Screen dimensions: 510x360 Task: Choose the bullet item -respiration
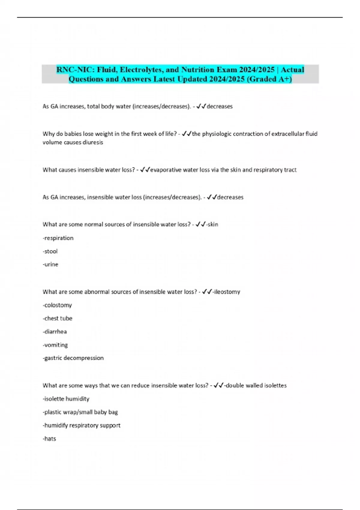point(58,238)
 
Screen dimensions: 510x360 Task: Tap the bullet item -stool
point(50,251)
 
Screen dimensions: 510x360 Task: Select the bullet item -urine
point(50,265)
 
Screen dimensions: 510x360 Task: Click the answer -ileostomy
point(226,292)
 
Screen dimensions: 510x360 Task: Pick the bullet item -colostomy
point(57,305)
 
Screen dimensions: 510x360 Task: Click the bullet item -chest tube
point(58,318)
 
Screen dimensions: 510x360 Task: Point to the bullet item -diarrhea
point(55,331)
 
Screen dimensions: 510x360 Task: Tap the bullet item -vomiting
point(55,345)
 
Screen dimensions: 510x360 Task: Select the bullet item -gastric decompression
point(73,358)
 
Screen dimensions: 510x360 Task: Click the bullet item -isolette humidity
point(66,399)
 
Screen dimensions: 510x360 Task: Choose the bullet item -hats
point(49,439)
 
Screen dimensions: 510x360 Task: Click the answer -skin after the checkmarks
point(212,224)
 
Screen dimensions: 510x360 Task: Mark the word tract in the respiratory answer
point(290,170)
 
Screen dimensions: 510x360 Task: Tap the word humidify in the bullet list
point(56,425)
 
